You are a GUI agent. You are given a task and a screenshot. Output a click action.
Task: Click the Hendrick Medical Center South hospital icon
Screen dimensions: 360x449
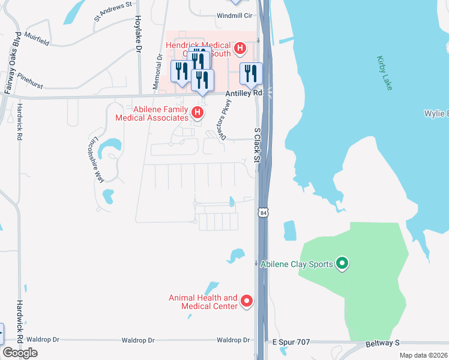(x=240, y=47)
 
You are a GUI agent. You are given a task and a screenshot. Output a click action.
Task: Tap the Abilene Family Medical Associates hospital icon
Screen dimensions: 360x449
(x=197, y=112)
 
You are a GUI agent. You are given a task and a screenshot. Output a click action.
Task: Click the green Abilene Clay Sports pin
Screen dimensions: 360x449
(x=342, y=263)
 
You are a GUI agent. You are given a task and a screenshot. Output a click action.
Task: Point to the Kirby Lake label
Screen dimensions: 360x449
(x=384, y=73)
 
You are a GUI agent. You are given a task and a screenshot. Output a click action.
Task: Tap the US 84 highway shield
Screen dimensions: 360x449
(x=262, y=212)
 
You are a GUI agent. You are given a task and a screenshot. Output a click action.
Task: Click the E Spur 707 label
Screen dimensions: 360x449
(x=291, y=342)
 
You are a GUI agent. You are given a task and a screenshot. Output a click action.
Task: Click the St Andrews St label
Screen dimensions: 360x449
(x=113, y=12)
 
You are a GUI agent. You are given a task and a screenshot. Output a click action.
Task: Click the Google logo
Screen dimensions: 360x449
(x=20, y=353)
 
